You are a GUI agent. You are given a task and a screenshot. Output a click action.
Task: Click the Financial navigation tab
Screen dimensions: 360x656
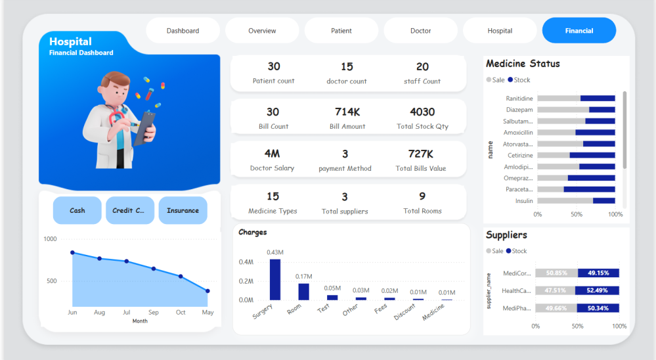[579, 31]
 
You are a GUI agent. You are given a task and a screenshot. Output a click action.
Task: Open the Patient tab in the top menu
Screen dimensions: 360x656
[341, 31]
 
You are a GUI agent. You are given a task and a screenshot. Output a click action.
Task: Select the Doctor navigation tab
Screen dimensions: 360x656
[420, 31]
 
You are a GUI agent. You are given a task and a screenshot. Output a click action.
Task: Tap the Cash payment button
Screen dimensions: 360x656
[77, 211]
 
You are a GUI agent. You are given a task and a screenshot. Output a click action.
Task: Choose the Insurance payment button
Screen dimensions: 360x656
[183, 211]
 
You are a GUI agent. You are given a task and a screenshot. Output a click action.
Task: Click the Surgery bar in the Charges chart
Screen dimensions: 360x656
[274, 280]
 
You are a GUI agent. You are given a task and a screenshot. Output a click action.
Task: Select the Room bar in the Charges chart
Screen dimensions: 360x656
[303, 291]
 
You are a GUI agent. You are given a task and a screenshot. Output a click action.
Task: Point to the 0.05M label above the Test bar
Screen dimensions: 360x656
[332, 288]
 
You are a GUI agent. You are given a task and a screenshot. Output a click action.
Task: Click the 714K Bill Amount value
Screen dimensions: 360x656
[347, 112]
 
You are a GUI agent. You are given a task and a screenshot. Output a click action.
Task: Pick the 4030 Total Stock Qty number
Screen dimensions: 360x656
[422, 112]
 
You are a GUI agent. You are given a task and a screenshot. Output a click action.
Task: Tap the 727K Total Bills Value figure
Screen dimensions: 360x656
[420, 154]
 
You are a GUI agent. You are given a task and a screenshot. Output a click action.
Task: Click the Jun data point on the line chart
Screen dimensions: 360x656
[72, 252]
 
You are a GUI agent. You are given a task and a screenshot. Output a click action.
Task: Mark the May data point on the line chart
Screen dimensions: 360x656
[208, 290]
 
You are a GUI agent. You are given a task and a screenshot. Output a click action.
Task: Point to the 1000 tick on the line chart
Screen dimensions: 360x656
[50, 239]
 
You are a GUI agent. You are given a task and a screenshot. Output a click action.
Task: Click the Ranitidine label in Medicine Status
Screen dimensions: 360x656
[519, 99]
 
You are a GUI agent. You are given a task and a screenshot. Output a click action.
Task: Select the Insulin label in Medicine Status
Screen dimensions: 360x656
[524, 201]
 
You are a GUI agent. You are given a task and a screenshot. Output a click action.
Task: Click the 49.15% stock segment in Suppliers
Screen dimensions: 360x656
[598, 273]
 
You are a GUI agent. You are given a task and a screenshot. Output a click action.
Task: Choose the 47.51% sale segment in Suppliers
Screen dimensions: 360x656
[555, 290]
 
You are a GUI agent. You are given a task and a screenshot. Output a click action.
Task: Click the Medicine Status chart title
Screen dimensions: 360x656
[523, 64]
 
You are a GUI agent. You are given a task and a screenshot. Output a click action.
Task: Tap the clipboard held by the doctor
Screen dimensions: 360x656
[145, 127]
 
